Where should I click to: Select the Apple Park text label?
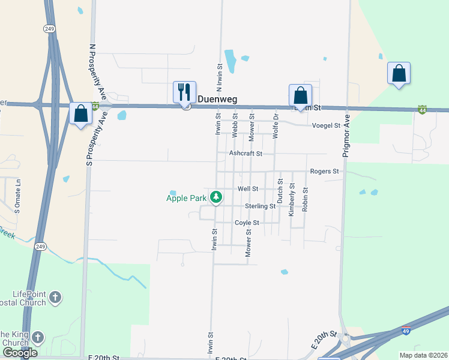coord(185,197)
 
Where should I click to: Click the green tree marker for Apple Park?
coord(216,197)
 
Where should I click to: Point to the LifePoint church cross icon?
coord(55,297)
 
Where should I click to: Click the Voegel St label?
coord(326,125)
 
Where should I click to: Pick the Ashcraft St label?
coord(246,154)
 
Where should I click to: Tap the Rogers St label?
coord(324,172)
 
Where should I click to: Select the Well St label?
coord(248,188)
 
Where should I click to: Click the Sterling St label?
coord(260,206)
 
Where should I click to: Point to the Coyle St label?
coord(247,223)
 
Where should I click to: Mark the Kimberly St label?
coord(292,199)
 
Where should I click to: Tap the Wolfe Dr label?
coord(276,125)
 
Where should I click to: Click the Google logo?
coord(20,353)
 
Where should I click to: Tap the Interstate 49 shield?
coord(406,331)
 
